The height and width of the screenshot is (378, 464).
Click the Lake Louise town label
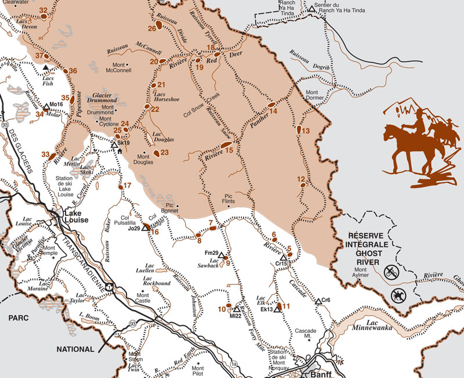tap(72, 217)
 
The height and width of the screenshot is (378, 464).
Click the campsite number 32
tap(43, 10)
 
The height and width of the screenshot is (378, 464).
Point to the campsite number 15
tap(229, 150)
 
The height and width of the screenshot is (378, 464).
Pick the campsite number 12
tap(300, 179)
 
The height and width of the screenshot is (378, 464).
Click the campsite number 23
tap(164, 153)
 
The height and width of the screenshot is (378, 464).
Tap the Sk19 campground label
tap(123, 143)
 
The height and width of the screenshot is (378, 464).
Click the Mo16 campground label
tap(56, 104)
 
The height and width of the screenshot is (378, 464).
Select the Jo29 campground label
tap(134, 229)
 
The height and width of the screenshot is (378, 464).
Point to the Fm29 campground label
tap(212, 253)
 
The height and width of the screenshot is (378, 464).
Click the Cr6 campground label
tap(326, 300)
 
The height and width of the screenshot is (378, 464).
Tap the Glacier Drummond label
tap(107, 98)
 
